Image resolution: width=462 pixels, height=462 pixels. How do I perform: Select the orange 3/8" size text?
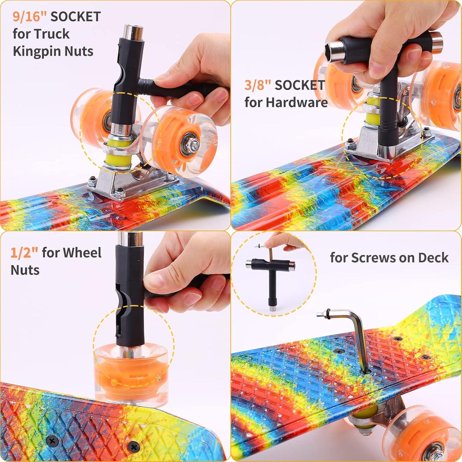(x=258, y=85)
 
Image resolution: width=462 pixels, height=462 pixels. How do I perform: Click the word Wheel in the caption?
(x=82, y=253)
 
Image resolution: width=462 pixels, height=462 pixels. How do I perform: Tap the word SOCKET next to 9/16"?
(x=75, y=17)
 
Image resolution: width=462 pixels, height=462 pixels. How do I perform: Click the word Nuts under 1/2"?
(x=25, y=270)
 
